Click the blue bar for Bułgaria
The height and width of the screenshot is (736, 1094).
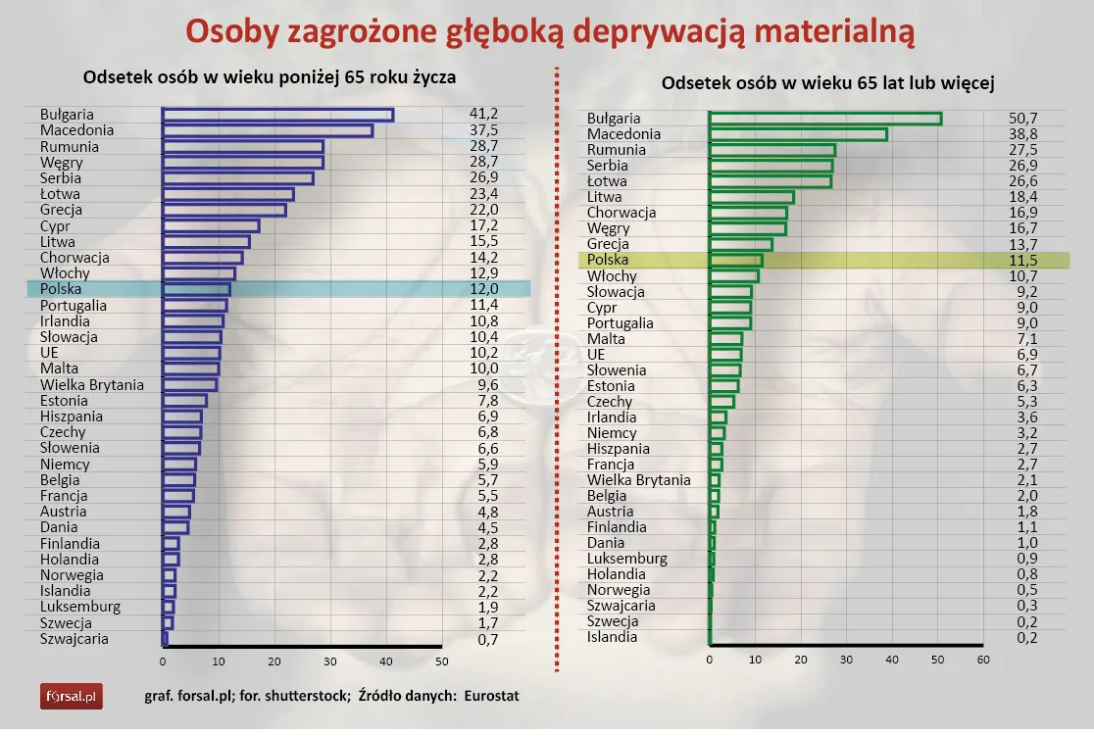click(277, 115)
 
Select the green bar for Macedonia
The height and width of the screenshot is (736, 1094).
click(798, 134)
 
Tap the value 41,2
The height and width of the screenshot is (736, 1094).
click(483, 115)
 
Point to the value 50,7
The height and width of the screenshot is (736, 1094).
click(1023, 119)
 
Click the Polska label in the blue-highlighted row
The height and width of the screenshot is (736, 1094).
click(61, 289)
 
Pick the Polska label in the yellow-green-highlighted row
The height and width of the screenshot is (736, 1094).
click(607, 260)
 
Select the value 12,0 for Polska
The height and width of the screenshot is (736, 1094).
click(483, 289)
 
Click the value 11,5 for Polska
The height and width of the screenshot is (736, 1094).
click(1023, 260)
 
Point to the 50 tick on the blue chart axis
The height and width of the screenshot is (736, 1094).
click(442, 661)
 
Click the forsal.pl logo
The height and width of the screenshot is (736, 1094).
click(71, 697)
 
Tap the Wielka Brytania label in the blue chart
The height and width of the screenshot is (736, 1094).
click(92, 384)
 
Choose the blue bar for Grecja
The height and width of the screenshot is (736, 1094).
click(224, 210)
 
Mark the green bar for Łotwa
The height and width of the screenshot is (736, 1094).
click(770, 181)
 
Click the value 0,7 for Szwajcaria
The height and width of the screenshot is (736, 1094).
click(483, 639)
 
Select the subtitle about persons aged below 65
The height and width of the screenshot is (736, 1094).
click(270, 77)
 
